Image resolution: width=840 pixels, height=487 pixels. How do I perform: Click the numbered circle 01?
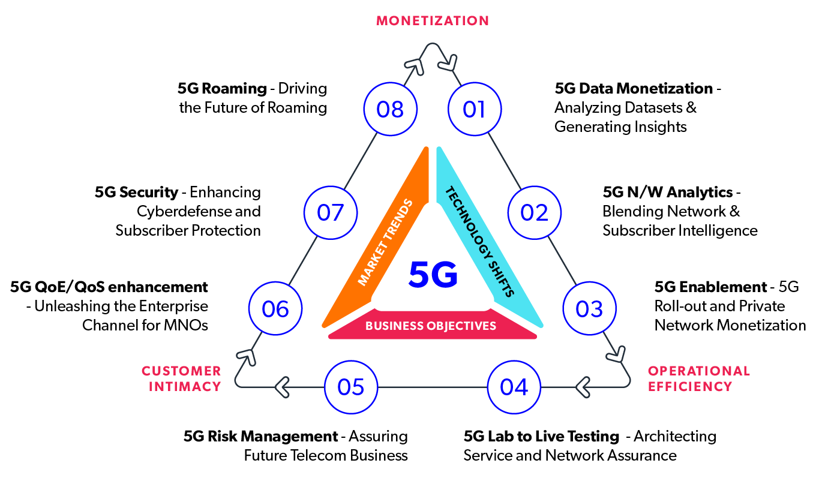(475, 109)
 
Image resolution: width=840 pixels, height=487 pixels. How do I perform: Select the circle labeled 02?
(534, 212)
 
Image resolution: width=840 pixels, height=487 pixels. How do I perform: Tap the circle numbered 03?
(589, 308)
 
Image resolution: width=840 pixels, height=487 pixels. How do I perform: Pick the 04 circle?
(514, 387)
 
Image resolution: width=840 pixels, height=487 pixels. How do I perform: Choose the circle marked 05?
(351, 387)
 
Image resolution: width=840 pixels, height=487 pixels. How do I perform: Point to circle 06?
(275, 308)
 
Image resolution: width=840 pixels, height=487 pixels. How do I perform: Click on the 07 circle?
(331, 212)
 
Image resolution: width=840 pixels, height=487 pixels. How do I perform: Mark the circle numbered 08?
(390, 109)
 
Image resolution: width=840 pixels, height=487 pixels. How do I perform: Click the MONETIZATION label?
(433, 21)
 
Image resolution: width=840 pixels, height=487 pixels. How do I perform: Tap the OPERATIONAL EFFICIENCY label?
(698, 378)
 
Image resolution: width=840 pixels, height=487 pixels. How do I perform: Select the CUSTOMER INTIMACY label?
(182, 378)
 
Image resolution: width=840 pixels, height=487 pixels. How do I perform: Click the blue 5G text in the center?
(433, 276)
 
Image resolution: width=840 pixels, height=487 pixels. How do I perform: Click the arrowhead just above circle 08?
(415, 66)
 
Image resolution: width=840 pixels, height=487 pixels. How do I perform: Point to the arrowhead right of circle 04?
(582, 387)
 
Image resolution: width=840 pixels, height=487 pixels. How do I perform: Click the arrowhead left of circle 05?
(282, 387)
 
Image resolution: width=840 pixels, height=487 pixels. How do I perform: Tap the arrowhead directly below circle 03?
(616, 354)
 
